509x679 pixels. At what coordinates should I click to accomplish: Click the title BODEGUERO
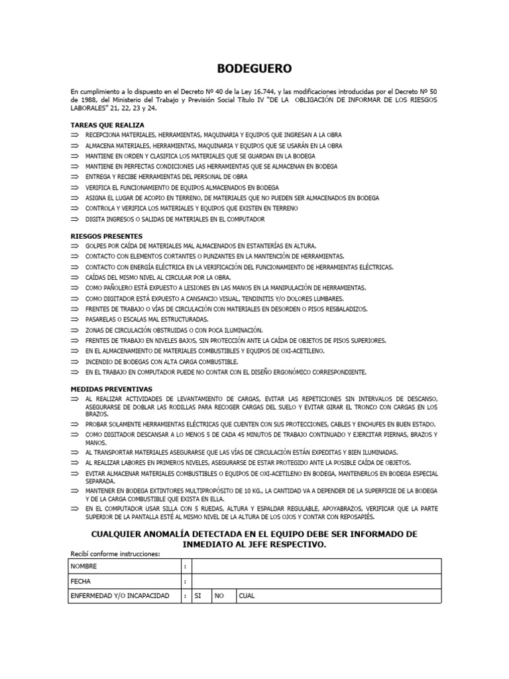(x=254, y=68)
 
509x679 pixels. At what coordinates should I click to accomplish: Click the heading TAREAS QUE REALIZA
(x=107, y=125)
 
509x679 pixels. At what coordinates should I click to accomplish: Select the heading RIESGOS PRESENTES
(x=106, y=235)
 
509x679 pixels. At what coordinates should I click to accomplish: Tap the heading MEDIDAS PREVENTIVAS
(x=111, y=389)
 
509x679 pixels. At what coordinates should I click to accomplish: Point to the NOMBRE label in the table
(x=84, y=566)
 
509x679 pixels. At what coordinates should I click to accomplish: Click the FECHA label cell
(x=82, y=581)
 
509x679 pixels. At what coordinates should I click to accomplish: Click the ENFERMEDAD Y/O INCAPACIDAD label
(x=120, y=595)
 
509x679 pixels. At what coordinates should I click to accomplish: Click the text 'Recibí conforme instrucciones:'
(x=115, y=554)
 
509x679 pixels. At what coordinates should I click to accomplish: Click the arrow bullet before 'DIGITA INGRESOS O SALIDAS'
(x=74, y=219)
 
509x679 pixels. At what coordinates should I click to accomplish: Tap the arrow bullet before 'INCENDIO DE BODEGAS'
(x=74, y=361)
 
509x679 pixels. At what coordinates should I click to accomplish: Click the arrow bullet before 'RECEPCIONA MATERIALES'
(x=74, y=135)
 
